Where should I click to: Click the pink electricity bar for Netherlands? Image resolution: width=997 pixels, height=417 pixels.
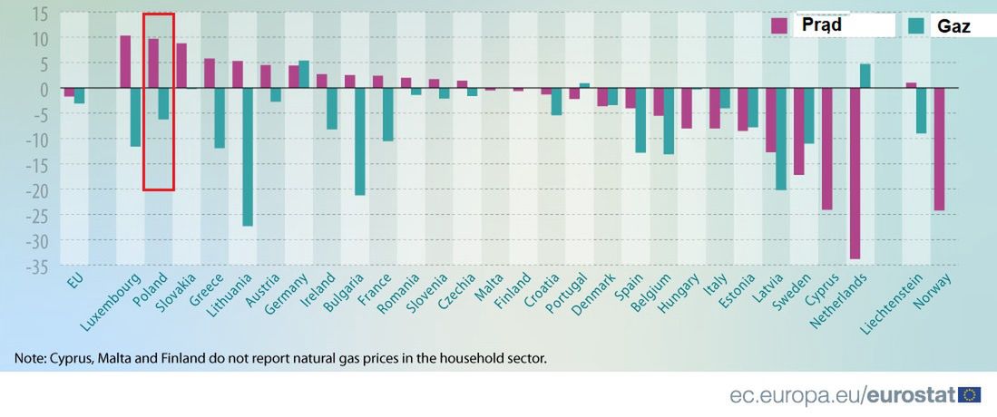coord(855,173)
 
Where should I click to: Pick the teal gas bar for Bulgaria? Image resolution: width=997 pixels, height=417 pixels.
coord(360,141)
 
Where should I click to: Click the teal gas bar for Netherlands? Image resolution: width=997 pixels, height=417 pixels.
coord(865,76)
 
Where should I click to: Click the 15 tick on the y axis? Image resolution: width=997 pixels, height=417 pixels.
coord(39,14)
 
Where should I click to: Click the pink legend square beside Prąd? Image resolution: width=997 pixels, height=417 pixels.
coord(778,25)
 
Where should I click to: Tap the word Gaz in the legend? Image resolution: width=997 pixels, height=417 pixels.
coord(954,27)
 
